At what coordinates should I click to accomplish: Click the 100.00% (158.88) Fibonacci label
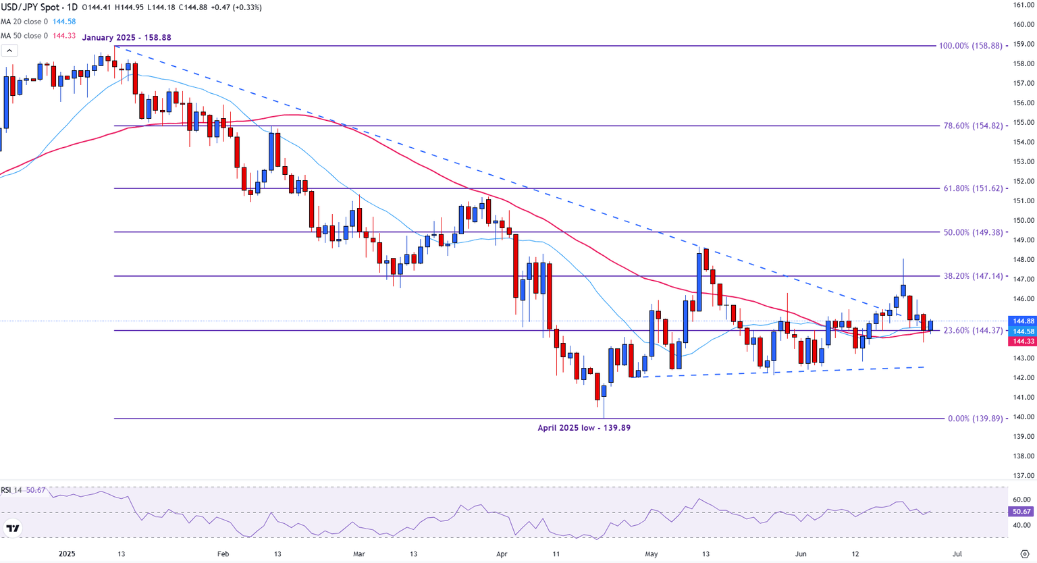pos(970,46)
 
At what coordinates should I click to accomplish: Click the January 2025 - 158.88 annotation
pos(126,38)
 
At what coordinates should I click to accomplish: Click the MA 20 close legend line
pos(38,22)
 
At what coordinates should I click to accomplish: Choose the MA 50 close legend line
pos(38,36)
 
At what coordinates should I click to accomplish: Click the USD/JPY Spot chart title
pos(39,7)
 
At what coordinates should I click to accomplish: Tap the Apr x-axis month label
pos(502,554)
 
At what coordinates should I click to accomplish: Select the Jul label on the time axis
pos(957,554)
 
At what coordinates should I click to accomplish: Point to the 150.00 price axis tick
pos(1023,220)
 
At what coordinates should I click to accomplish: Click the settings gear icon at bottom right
pos(1024,554)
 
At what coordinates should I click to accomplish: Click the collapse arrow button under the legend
pos(9,51)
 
